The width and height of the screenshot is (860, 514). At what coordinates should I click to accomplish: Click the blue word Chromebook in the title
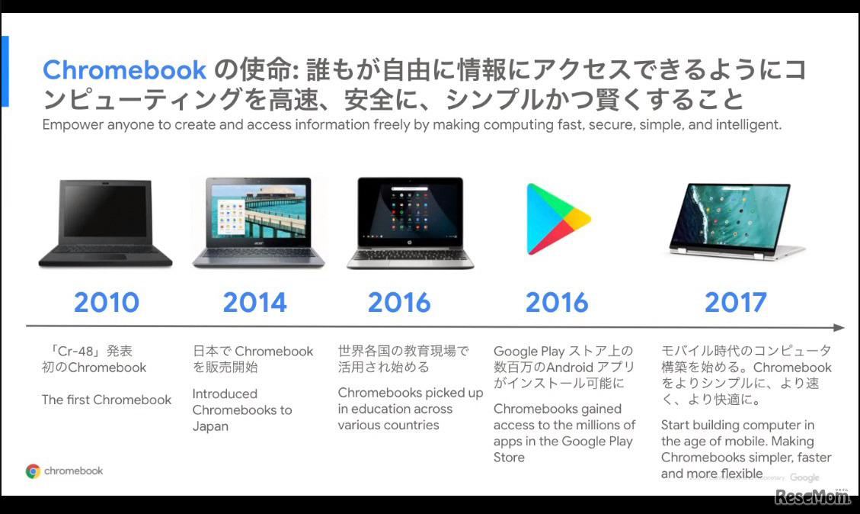click(124, 70)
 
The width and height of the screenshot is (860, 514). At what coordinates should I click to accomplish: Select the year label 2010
click(107, 303)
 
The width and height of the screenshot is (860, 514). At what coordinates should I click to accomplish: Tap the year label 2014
click(255, 303)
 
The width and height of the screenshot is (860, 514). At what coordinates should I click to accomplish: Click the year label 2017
click(736, 303)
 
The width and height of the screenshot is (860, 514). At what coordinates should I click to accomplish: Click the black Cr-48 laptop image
click(105, 223)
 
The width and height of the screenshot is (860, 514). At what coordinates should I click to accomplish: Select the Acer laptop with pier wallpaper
click(258, 223)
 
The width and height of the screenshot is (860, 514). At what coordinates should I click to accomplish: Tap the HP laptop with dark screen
click(411, 223)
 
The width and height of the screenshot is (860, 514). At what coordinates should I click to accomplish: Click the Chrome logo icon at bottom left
click(33, 471)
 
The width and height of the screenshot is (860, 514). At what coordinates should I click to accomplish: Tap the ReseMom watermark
click(812, 496)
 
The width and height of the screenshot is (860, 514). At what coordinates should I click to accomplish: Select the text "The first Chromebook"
click(107, 400)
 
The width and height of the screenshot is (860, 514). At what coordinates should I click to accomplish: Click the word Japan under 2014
click(210, 427)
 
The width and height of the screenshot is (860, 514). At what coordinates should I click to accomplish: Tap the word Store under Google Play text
click(509, 458)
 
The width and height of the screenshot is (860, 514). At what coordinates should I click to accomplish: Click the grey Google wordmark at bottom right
click(804, 477)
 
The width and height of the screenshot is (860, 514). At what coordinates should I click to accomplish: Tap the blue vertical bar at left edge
click(5, 71)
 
